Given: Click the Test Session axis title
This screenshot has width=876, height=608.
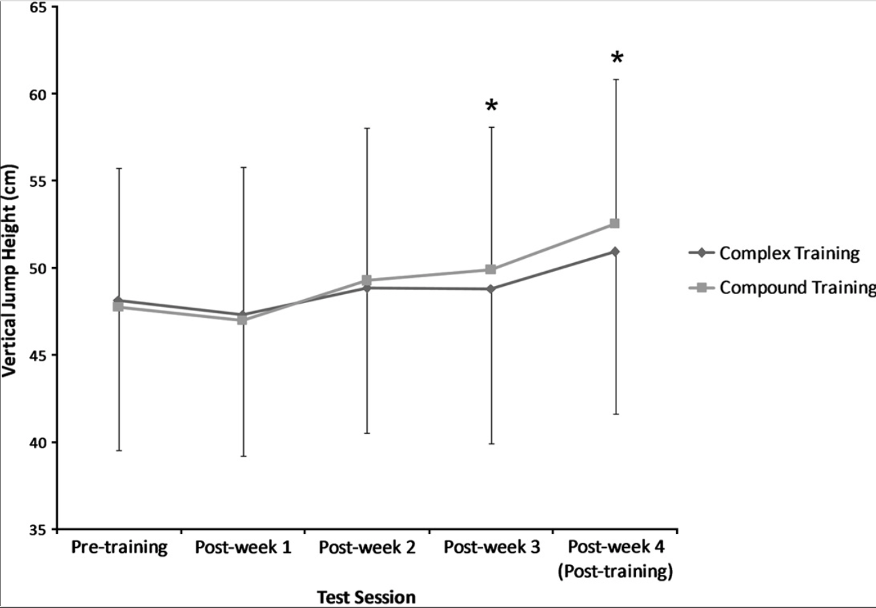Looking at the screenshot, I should click(x=366, y=597).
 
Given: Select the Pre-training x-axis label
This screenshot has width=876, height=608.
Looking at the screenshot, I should click(x=119, y=548).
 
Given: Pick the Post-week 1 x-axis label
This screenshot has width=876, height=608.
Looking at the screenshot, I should click(x=243, y=548).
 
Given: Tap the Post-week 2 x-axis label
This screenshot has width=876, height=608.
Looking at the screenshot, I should click(x=367, y=548).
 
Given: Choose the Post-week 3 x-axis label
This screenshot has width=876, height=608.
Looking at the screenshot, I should click(x=491, y=548).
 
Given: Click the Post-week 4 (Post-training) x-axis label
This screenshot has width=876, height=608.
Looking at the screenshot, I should click(x=615, y=559).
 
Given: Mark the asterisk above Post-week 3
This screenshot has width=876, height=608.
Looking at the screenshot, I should click(x=491, y=107).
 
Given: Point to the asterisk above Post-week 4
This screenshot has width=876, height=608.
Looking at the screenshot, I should click(x=616, y=58).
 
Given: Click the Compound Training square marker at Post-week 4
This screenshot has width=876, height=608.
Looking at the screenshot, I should click(x=614, y=223).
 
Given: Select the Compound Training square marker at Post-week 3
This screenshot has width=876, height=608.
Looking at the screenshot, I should click(x=491, y=270).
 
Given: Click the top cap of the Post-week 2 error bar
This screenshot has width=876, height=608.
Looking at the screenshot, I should click(x=367, y=128).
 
